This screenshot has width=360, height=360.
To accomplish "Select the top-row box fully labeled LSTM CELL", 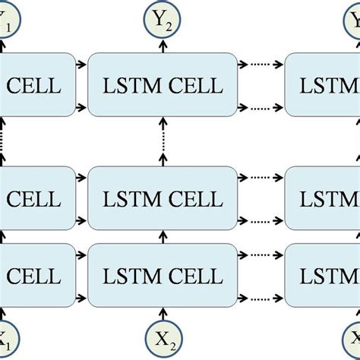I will click(x=163, y=85).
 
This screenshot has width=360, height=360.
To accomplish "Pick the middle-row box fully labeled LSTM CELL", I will click(x=163, y=200).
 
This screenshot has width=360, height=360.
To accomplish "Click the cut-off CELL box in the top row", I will click(x=34, y=85).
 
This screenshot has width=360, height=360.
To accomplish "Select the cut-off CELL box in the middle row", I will click(x=34, y=200).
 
